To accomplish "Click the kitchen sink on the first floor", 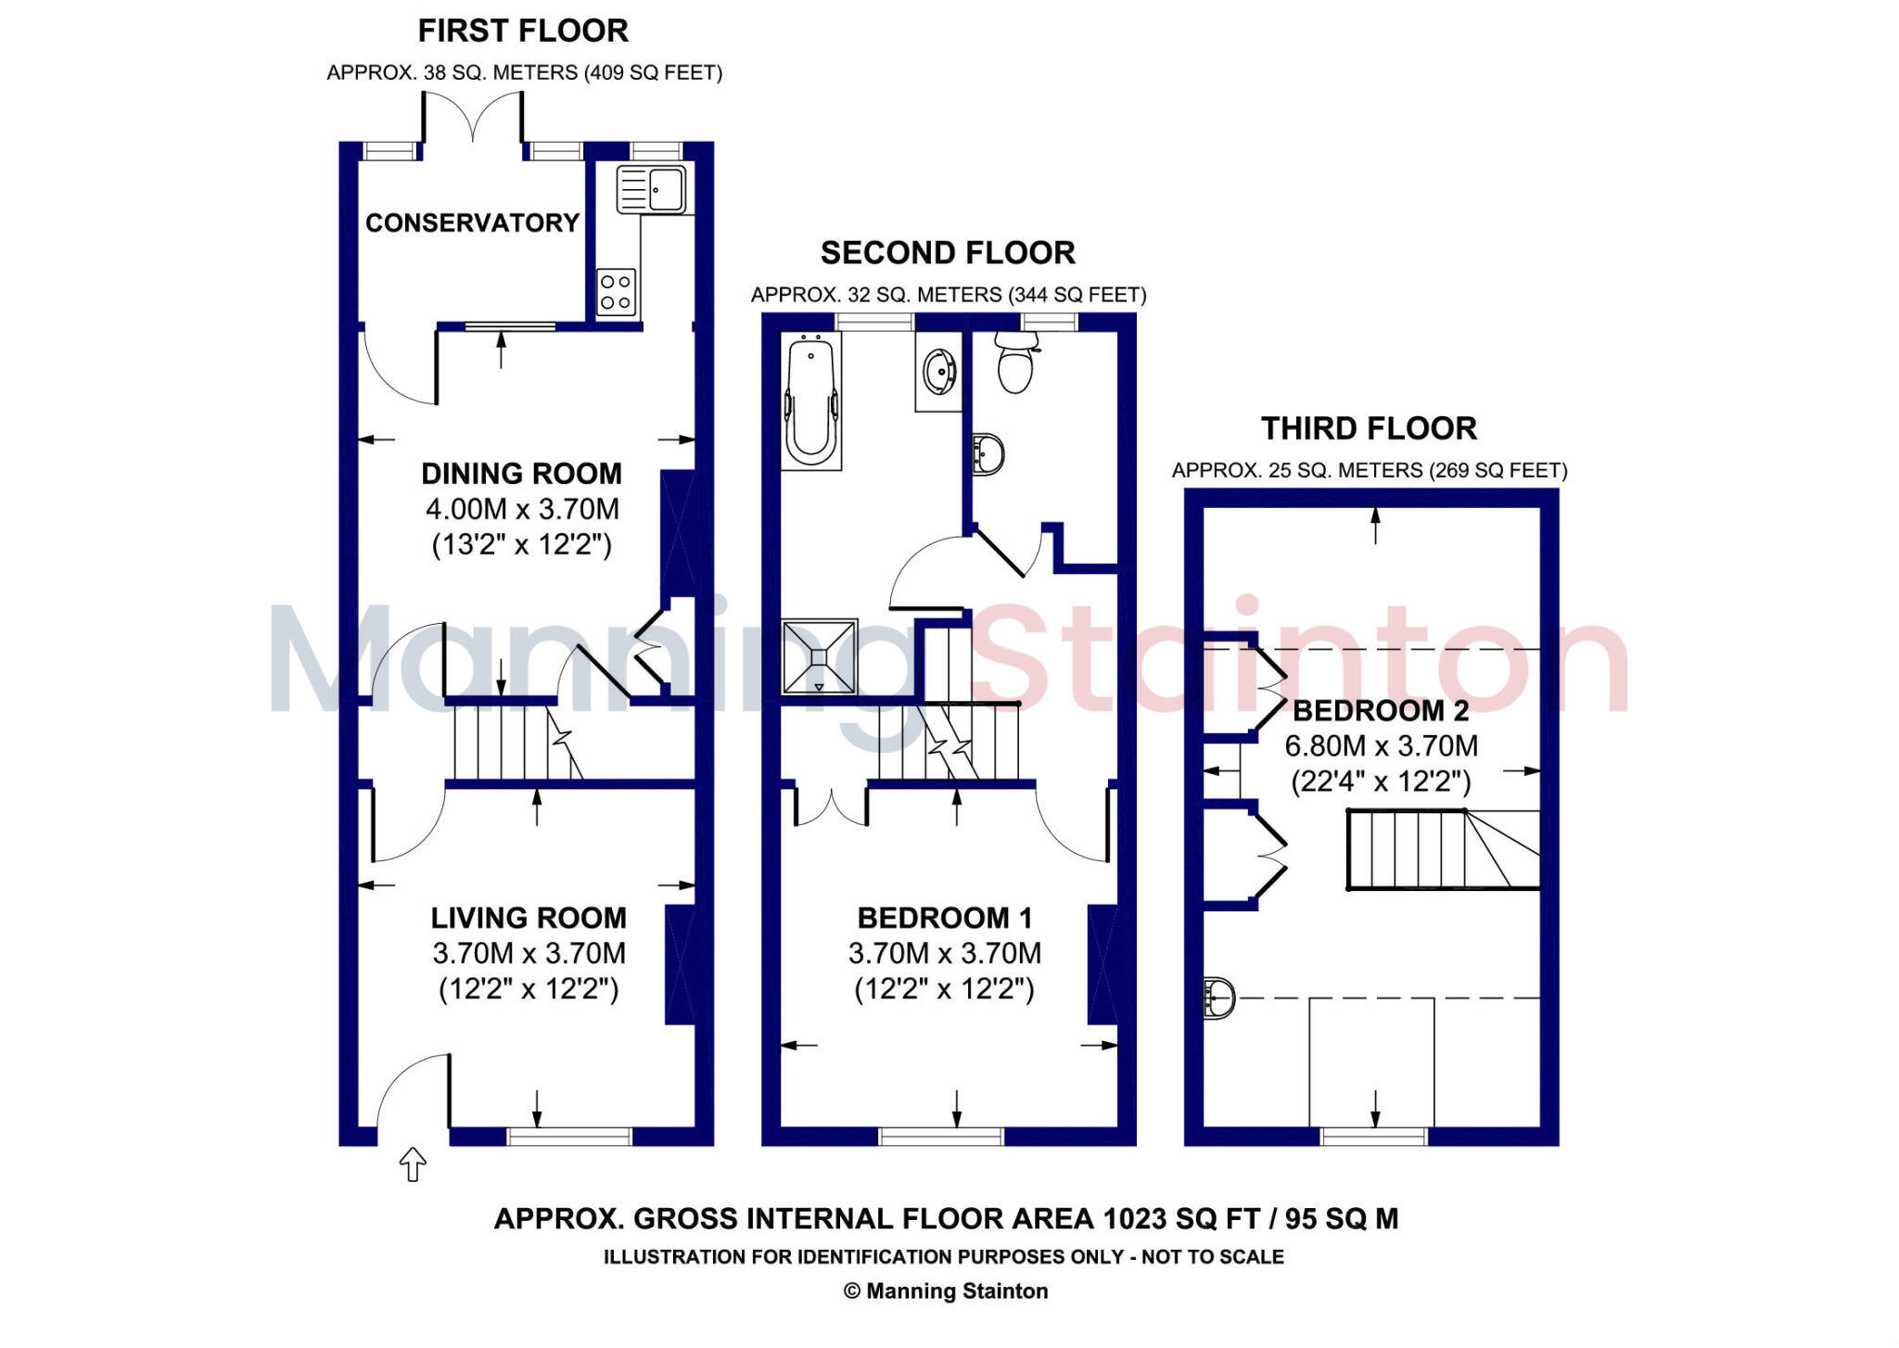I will pos(652,190).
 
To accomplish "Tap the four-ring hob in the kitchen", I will pos(616,291).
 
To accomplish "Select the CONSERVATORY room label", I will pos(472,223).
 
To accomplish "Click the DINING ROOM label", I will pos(521,474).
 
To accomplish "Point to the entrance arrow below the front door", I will pos(413,1164).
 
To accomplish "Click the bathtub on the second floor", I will pos(811,401).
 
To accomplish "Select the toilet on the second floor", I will pos(1016,362).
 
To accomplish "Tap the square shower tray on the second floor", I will pos(819,656).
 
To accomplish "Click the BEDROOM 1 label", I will pos(944,918).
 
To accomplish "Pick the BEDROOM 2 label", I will pos(1381,711).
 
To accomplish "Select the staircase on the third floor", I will pos(1442,849).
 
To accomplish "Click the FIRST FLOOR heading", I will pos(523,31).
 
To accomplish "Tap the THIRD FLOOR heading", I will pos(1369,428).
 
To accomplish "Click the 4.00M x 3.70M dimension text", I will pos(522,509).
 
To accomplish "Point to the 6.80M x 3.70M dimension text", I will pos(1381,746).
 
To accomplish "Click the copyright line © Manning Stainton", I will pos(946,1291).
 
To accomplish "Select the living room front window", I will pos(569,1136).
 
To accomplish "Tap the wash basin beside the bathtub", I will pos(938,372).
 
